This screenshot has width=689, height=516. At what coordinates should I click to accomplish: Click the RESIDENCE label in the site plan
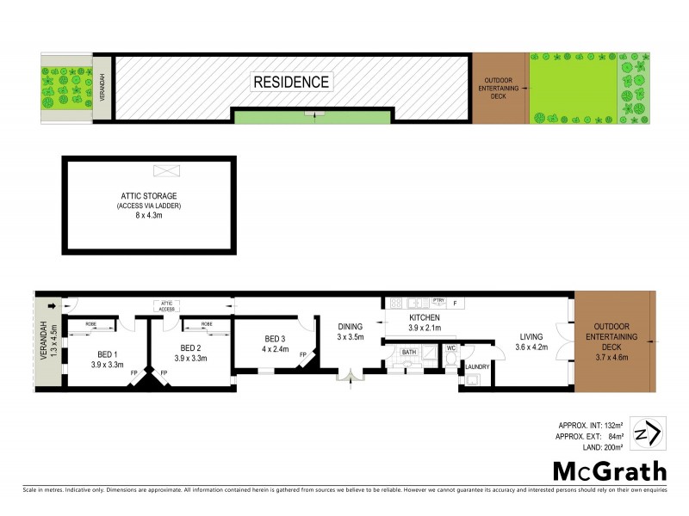(x=291, y=83)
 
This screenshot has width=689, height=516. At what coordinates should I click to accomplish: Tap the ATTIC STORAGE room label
(x=148, y=196)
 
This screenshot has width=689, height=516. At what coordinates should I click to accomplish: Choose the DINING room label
(x=350, y=327)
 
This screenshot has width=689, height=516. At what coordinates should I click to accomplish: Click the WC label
(x=450, y=348)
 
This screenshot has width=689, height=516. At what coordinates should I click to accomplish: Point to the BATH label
(x=408, y=351)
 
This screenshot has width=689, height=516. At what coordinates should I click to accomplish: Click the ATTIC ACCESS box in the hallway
(x=167, y=304)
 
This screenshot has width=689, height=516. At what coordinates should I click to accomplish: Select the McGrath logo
(x=609, y=470)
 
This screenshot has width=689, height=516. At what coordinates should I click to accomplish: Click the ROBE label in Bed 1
(x=90, y=324)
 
